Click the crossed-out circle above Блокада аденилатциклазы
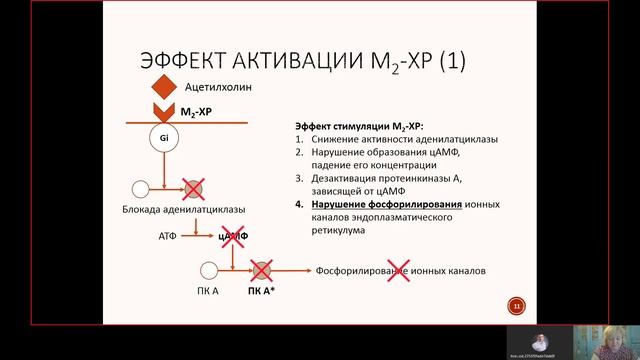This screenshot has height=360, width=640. [x=192, y=187]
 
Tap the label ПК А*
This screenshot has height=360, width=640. [x=262, y=291]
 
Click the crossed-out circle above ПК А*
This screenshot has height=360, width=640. [x=262, y=270]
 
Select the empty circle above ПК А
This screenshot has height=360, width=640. [x=208, y=270]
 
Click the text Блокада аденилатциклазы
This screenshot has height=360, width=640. [x=190, y=209]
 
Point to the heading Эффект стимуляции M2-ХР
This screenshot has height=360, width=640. [x=360, y=125]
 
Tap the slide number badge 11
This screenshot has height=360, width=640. [x=517, y=305]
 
